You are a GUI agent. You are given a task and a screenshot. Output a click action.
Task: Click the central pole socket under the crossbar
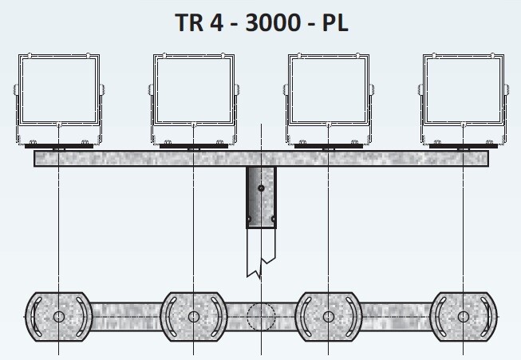(261, 197)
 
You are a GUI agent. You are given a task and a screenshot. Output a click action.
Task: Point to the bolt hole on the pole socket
(261, 189)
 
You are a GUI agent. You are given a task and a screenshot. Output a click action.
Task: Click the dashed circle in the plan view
(261, 318)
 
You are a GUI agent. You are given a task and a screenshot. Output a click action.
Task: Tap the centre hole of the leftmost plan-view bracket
(58, 318)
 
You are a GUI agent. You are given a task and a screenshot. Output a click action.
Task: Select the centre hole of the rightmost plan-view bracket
(464, 318)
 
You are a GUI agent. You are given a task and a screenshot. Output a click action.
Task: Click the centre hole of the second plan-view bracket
(193, 318)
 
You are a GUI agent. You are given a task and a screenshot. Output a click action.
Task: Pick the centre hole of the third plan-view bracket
(328, 318)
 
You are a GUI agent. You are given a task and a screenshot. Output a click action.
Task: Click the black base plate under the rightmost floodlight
(463, 148)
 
